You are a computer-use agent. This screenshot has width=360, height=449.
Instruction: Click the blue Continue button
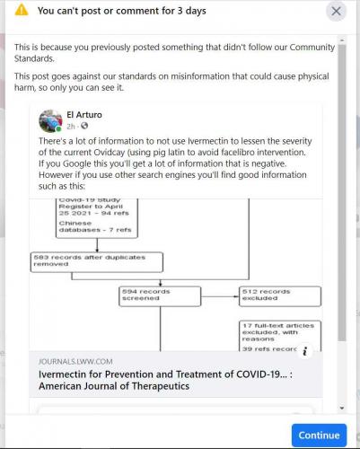pyautogui.click(x=319, y=435)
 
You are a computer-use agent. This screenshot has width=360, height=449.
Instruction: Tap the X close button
pyautogui.click(x=336, y=12)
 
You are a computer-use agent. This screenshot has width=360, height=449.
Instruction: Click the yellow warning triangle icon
pyautogui.click(x=22, y=10)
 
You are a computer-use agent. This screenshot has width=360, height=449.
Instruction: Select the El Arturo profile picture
pyautogui.click(x=50, y=120)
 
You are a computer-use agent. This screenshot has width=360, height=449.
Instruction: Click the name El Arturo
pyautogui.click(x=84, y=115)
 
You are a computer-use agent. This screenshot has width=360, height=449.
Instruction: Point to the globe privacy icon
pyautogui.click(x=84, y=126)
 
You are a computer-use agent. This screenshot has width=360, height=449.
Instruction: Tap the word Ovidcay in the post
pyautogui.click(x=109, y=153)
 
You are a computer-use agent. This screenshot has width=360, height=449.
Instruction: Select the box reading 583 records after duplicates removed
pyautogui.click(x=97, y=262)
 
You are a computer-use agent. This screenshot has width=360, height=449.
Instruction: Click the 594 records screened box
pyautogui.click(x=160, y=296)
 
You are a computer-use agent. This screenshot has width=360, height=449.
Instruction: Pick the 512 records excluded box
pyautogui.click(x=280, y=296)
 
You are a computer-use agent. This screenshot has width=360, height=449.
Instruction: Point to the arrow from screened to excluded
pyautogui.click(x=220, y=296)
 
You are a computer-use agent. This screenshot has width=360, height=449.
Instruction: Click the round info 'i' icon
pyautogui.click(x=305, y=351)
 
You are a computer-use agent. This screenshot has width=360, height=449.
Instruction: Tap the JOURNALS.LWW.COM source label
pyautogui.click(x=75, y=362)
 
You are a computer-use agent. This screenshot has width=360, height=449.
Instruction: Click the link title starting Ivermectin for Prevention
pyautogui.click(x=165, y=380)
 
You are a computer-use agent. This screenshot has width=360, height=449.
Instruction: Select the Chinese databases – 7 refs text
pyautogui.click(x=95, y=226)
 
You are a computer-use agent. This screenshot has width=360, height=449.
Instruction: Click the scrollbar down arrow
pyautogui.click(x=342, y=408)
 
